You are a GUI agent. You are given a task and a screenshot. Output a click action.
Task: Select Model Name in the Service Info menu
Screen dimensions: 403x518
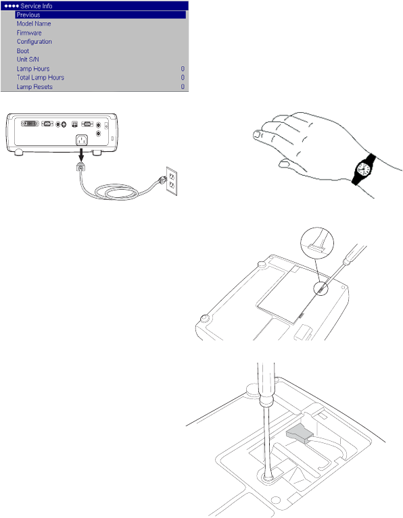[x=34, y=24]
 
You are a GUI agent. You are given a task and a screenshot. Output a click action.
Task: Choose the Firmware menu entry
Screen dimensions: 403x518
[x=29, y=32]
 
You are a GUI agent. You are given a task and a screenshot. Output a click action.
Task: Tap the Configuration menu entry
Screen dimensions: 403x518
[x=34, y=42]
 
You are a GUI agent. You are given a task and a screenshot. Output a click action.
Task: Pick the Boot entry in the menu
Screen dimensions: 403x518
[x=23, y=51]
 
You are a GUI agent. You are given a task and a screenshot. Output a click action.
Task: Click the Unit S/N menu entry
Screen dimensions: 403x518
[x=28, y=59]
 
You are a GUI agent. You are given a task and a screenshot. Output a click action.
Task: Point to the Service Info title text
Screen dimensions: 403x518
[x=37, y=6]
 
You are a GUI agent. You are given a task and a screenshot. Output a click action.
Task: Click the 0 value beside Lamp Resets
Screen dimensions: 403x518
[x=183, y=86]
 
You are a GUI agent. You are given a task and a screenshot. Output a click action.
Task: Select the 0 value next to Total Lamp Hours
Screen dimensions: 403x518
[x=183, y=77]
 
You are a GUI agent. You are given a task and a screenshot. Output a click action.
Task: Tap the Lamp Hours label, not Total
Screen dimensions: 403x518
[x=33, y=69]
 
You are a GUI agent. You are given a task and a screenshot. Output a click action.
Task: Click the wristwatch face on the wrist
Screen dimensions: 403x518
[x=363, y=170]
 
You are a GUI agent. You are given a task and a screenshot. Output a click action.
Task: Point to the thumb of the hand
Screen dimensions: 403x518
[x=291, y=165]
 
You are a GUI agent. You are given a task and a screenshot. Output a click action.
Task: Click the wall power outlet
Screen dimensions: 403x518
[x=171, y=181]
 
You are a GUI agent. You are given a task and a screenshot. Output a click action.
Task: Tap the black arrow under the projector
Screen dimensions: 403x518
[x=81, y=154]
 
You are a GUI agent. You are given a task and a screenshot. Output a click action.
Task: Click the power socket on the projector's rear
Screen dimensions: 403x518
[x=82, y=140]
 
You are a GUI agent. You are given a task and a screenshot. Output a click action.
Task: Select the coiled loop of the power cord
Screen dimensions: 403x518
[x=116, y=192]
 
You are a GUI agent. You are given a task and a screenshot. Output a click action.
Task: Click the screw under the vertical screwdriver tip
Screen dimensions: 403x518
[x=267, y=477]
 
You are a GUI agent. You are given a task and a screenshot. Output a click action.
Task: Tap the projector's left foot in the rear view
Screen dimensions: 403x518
[x=18, y=153]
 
